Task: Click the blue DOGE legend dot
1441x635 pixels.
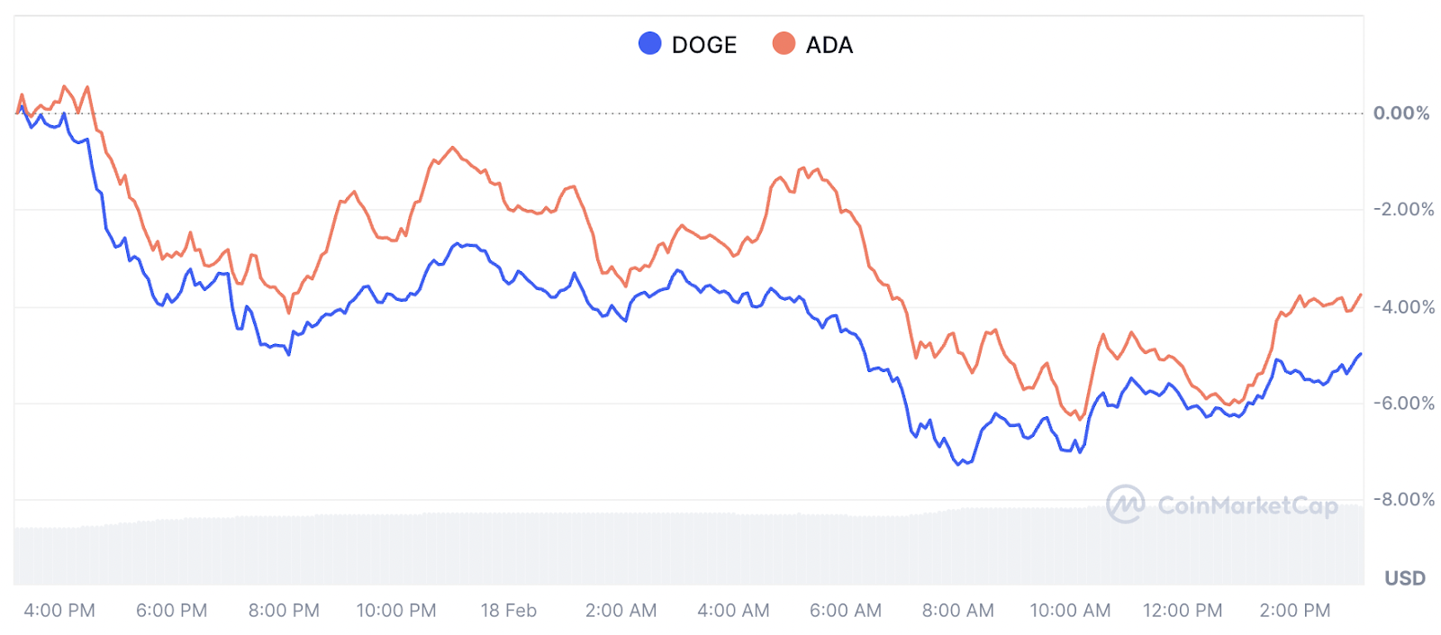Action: pos(649,43)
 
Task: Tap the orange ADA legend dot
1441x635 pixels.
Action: pos(784,43)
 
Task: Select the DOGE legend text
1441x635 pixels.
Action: pos(704,45)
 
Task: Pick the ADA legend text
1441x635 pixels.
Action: pos(829,45)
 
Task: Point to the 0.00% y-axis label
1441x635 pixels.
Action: pos(1400,113)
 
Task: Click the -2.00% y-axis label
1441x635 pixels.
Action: pos(1403,209)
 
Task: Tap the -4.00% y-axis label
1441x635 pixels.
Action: pos(1403,307)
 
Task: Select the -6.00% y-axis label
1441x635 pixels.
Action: pos(1403,403)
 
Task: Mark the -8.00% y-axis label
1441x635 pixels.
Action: pos(1403,499)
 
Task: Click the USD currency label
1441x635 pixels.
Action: pos(1405,578)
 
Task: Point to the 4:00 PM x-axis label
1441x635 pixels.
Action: pos(59,611)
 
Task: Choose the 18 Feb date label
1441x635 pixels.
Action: pos(508,611)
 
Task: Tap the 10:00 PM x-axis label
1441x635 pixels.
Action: pos(396,611)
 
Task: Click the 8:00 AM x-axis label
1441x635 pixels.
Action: pos(957,611)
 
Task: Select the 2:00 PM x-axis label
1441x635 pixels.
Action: pos(1294,611)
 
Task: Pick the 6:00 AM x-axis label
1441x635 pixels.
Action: pos(845,611)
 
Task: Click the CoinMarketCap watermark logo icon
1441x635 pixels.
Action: pos(1125,504)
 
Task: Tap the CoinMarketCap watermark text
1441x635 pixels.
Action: pos(1247,505)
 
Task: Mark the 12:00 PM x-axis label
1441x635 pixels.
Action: pos(1183,611)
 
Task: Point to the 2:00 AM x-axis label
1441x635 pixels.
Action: pos(621,611)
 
